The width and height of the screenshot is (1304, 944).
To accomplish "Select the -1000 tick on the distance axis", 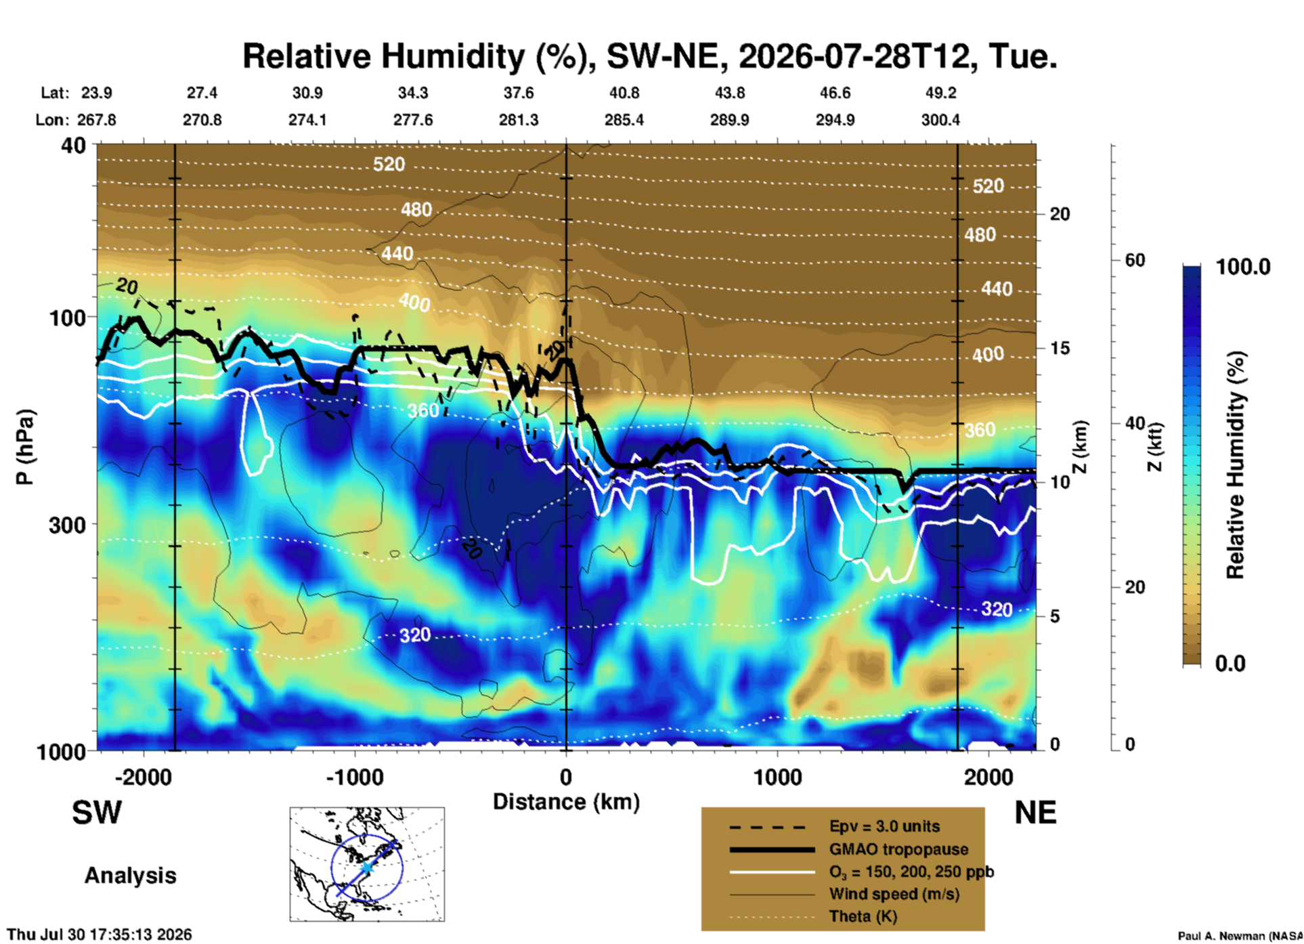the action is pyautogui.click(x=354, y=777).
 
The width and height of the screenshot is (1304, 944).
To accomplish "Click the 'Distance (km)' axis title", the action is pyautogui.click(x=566, y=802).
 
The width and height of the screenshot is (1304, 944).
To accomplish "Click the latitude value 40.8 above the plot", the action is pyautogui.click(x=624, y=93).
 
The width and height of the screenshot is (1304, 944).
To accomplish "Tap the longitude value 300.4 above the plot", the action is pyautogui.click(x=940, y=120).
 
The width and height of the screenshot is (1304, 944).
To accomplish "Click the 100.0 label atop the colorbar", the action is pyautogui.click(x=1243, y=267).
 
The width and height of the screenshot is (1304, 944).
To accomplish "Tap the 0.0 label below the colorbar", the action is pyautogui.click(x=1230, y=663).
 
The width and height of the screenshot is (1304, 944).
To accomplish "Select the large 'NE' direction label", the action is pyautogui.click(x=1035, y=813).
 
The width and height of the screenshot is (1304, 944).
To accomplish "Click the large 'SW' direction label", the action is pyautogui.click(x=97, y=813).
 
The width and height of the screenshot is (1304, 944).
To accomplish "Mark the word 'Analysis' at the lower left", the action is pyautogui.click(x=130, y=876).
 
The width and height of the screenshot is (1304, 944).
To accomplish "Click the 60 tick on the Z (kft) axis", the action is pyautogui.click(x=1135, y=260).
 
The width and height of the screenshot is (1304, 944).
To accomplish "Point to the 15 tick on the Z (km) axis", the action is pyautogui.click(x=1060, y=348).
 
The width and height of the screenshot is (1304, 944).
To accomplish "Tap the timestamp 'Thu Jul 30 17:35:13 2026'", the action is pyautogui.click(x=100, y=935).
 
